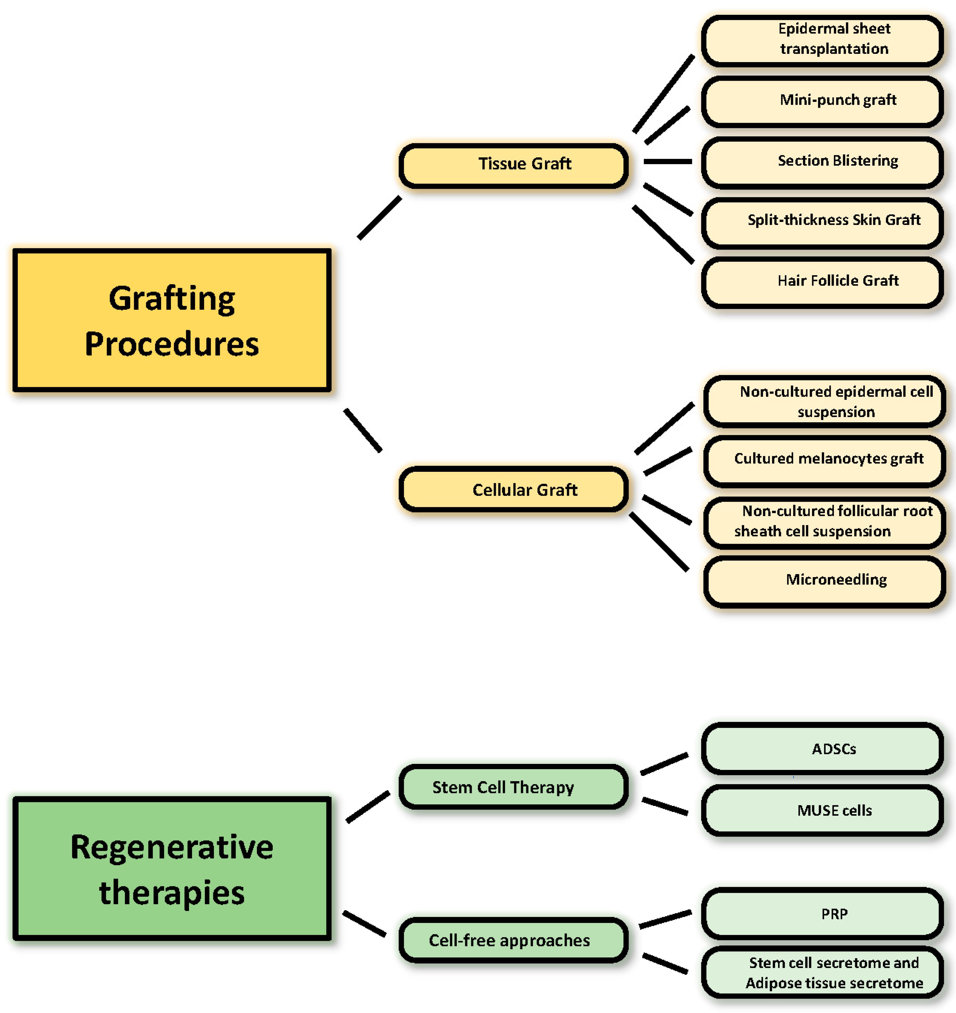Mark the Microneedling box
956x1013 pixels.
824,581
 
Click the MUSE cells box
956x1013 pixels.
822,810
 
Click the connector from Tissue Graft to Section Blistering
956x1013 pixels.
668,162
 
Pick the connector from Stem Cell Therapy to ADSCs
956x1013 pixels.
664,764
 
